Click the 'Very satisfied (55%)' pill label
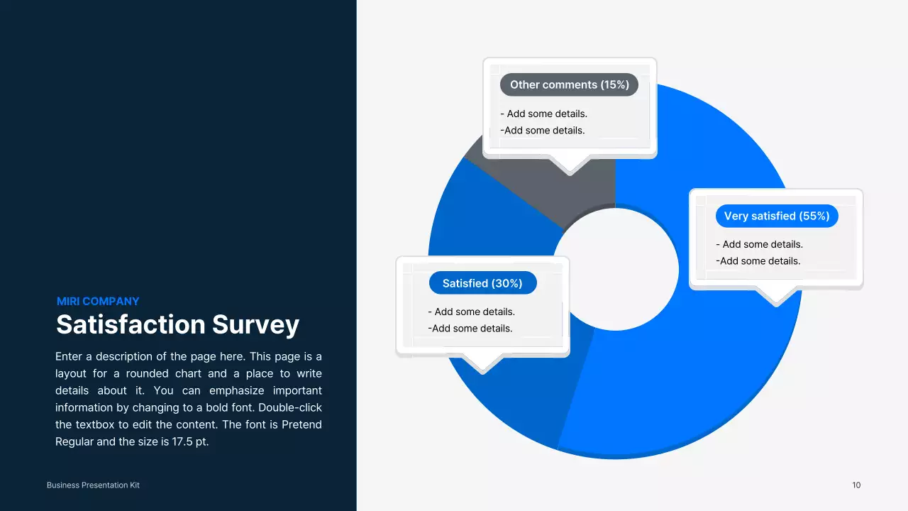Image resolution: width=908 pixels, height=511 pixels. tap(777, 216)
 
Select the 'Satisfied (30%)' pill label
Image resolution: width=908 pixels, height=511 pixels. tap(482, 283)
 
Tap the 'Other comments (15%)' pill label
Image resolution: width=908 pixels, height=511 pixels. tap(569, 85)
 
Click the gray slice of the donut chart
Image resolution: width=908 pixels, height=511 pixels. tap(582, 192)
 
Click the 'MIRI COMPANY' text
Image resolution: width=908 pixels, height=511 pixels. tap(98, 301)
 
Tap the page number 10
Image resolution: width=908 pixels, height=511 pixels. tap(856, 485)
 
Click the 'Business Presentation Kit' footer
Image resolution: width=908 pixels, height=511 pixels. tap(93, 485)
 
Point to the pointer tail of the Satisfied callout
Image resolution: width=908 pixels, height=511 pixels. tap(483, 363)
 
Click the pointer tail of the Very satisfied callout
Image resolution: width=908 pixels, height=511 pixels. tap(776, 297)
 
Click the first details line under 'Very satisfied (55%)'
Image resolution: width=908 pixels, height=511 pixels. tap(759, 245)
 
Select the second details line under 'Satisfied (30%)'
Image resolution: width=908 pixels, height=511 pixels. tap(470, 329)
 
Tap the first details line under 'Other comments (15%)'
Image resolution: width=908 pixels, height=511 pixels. tap(544, 114)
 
